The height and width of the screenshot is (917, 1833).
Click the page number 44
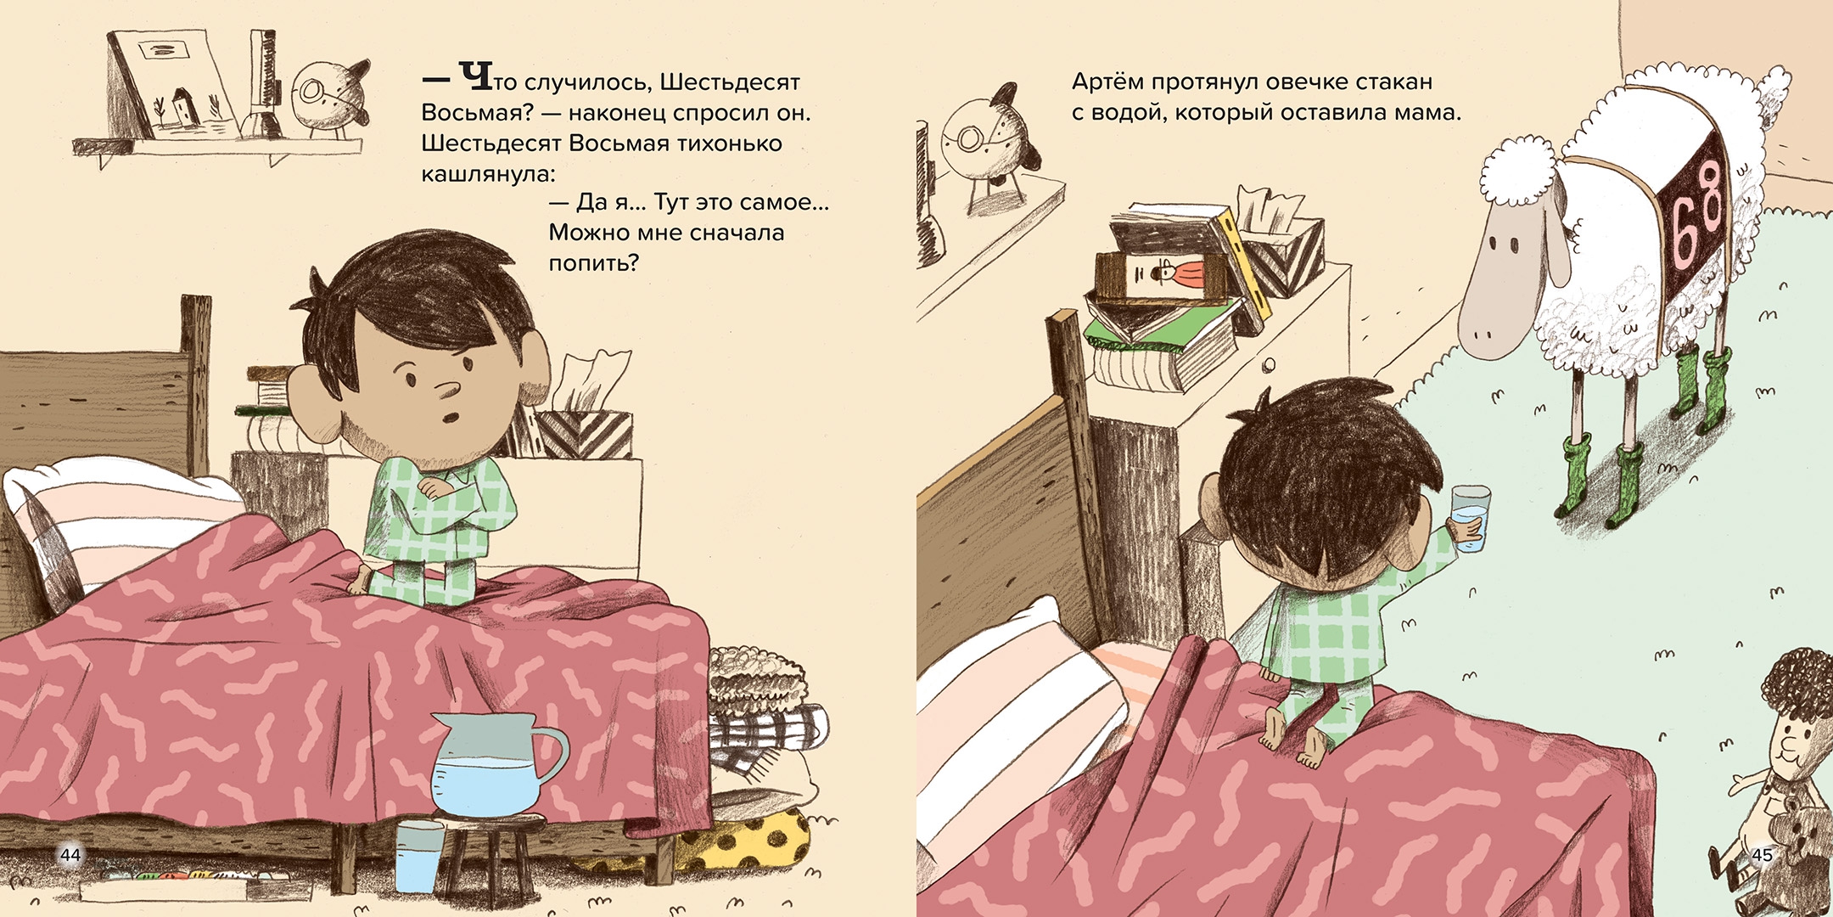coord(70,854)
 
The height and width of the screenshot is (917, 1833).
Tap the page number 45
coord(1763,854)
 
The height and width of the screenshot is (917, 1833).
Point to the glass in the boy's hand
coord(1471,519)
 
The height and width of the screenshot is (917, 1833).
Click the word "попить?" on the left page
coord(593,263)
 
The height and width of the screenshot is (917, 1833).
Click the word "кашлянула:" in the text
coord(488,174)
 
